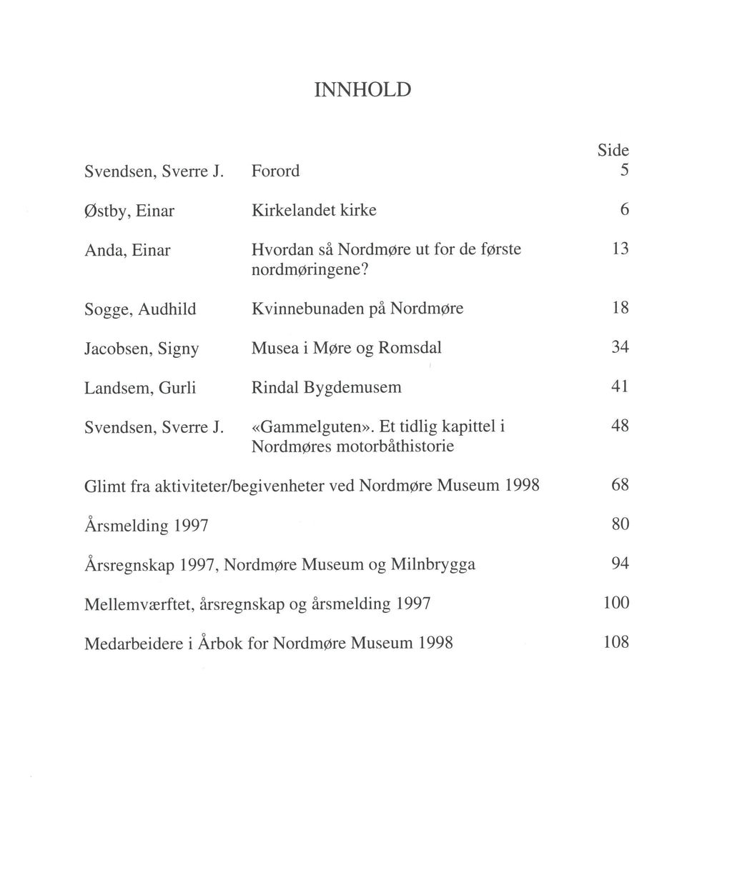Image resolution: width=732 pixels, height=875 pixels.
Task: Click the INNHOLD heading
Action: (362, 90)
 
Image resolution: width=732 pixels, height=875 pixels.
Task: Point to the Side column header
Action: (613, 151)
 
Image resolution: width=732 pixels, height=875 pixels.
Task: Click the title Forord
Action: (275, 171)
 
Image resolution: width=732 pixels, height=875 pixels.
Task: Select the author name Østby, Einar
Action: (129, 211)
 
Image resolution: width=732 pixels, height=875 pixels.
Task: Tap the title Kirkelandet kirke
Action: (314, 211)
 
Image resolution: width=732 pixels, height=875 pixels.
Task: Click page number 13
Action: (620, 249)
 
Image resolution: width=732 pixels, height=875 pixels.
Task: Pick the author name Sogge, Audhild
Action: (140, 309)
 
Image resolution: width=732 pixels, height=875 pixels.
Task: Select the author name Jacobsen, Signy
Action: (142, 349)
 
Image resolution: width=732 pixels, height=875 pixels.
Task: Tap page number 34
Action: (620, 348)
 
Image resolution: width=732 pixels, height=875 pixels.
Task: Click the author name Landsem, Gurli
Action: (140, 388)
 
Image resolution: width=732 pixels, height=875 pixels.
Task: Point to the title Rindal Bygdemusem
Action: (327, 388)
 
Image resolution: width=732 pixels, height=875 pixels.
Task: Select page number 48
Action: (620, 426)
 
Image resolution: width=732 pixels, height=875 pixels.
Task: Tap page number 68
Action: (620, 486)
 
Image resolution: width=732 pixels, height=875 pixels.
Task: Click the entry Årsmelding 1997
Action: (147, 526)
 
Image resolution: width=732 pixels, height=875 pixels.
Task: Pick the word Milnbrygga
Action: (433, 566)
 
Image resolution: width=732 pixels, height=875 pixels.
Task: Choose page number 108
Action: (616, 642)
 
